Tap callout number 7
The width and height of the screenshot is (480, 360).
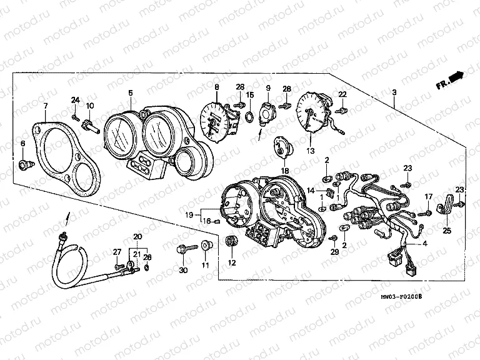click(x=45, y=107)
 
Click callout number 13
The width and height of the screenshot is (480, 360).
click(x=311, y=150)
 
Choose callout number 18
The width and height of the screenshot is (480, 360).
click(x=284, y=170)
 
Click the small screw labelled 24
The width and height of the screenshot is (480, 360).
click(x=75, y=116)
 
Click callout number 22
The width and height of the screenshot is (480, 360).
click(x=342, y=94)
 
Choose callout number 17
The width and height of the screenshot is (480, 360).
click(x=429, y=197)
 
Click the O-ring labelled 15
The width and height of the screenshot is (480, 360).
click(x=248, y=116)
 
